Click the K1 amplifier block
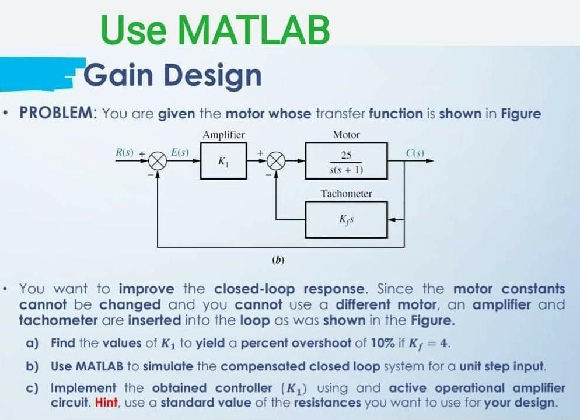point(223,160)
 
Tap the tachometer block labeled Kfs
point(347,219)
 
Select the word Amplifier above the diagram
point(223,135)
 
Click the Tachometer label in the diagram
point(346,193)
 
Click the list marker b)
point(33,367)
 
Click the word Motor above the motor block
point(346,135)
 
